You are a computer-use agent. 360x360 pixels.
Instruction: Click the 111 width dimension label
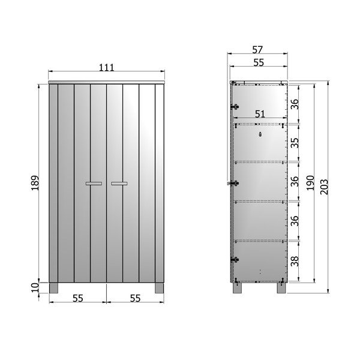point(107,67)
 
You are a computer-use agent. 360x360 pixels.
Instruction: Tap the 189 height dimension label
point(35,183)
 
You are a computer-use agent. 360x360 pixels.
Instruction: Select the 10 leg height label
point(35,287)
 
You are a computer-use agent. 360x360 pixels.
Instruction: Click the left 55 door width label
point(78,298)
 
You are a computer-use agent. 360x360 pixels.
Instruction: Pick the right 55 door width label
point(135,298)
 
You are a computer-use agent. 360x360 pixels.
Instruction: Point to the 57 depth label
point(257,50)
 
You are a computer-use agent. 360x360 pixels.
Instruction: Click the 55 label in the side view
point(259,62)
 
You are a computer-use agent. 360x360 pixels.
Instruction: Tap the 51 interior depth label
point(260,114)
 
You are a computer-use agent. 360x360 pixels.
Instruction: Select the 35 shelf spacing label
point(295,143)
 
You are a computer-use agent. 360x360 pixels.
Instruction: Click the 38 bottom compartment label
point(295,261)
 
